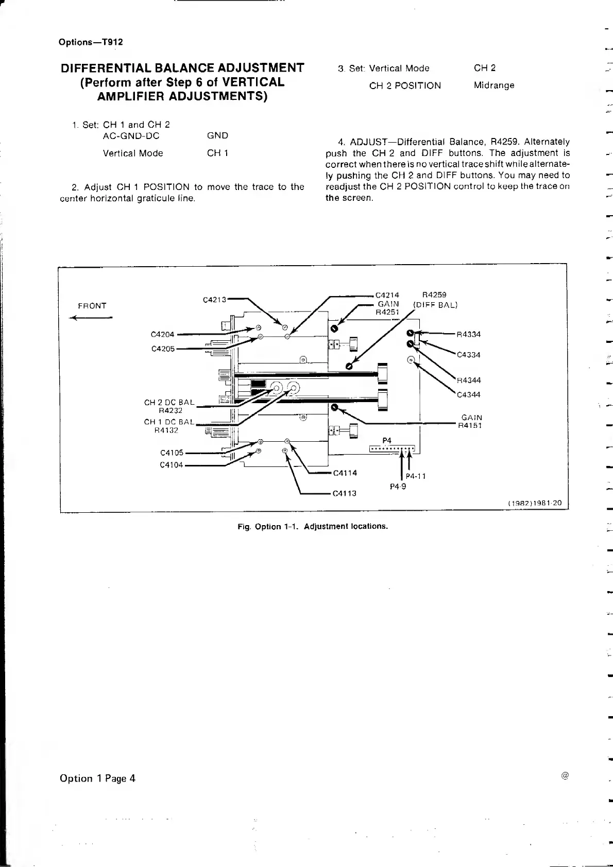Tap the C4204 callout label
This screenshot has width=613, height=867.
click(162, 334)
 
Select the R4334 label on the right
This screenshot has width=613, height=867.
click(469, 334)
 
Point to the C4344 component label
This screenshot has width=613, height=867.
click(469, 394)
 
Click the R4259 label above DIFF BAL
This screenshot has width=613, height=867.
click(434, 295)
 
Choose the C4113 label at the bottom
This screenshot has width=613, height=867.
click(345, 493)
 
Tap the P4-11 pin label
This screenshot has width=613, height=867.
click(416, 476)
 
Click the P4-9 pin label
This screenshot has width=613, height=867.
click(398, 486)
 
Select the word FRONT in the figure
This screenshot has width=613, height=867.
click(92, 306)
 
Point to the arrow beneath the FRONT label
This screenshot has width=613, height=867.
click(91, 318)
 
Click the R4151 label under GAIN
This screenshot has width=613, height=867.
click(470, 425)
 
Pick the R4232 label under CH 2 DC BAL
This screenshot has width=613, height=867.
click(171, 410)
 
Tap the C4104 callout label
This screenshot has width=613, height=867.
click(172, 465)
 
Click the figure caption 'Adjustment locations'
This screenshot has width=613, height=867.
click(346, 526)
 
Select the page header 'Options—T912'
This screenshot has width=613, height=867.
click(91, 42)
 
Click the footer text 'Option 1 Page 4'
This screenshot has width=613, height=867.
click(97, 778)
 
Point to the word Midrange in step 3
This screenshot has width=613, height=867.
click(494, 85)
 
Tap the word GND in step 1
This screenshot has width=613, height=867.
click(217, 135)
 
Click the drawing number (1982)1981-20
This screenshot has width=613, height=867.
click(534, 503)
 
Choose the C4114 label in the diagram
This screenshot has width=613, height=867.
click(345, 473)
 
